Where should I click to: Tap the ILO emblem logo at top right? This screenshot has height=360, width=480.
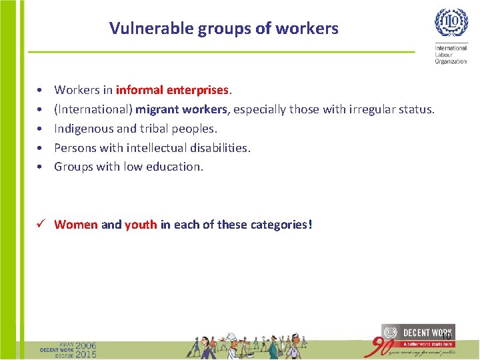[451, 23]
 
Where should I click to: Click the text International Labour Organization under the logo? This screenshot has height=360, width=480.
[451, 55]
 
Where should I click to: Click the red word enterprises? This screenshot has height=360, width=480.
[196, 89]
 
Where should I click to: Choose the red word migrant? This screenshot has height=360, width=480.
[158, 109]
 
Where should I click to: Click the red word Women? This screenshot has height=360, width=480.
[75, 225]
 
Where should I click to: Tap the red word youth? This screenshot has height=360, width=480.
[141, 225]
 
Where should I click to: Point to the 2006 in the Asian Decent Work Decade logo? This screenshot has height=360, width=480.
[86, 346]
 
